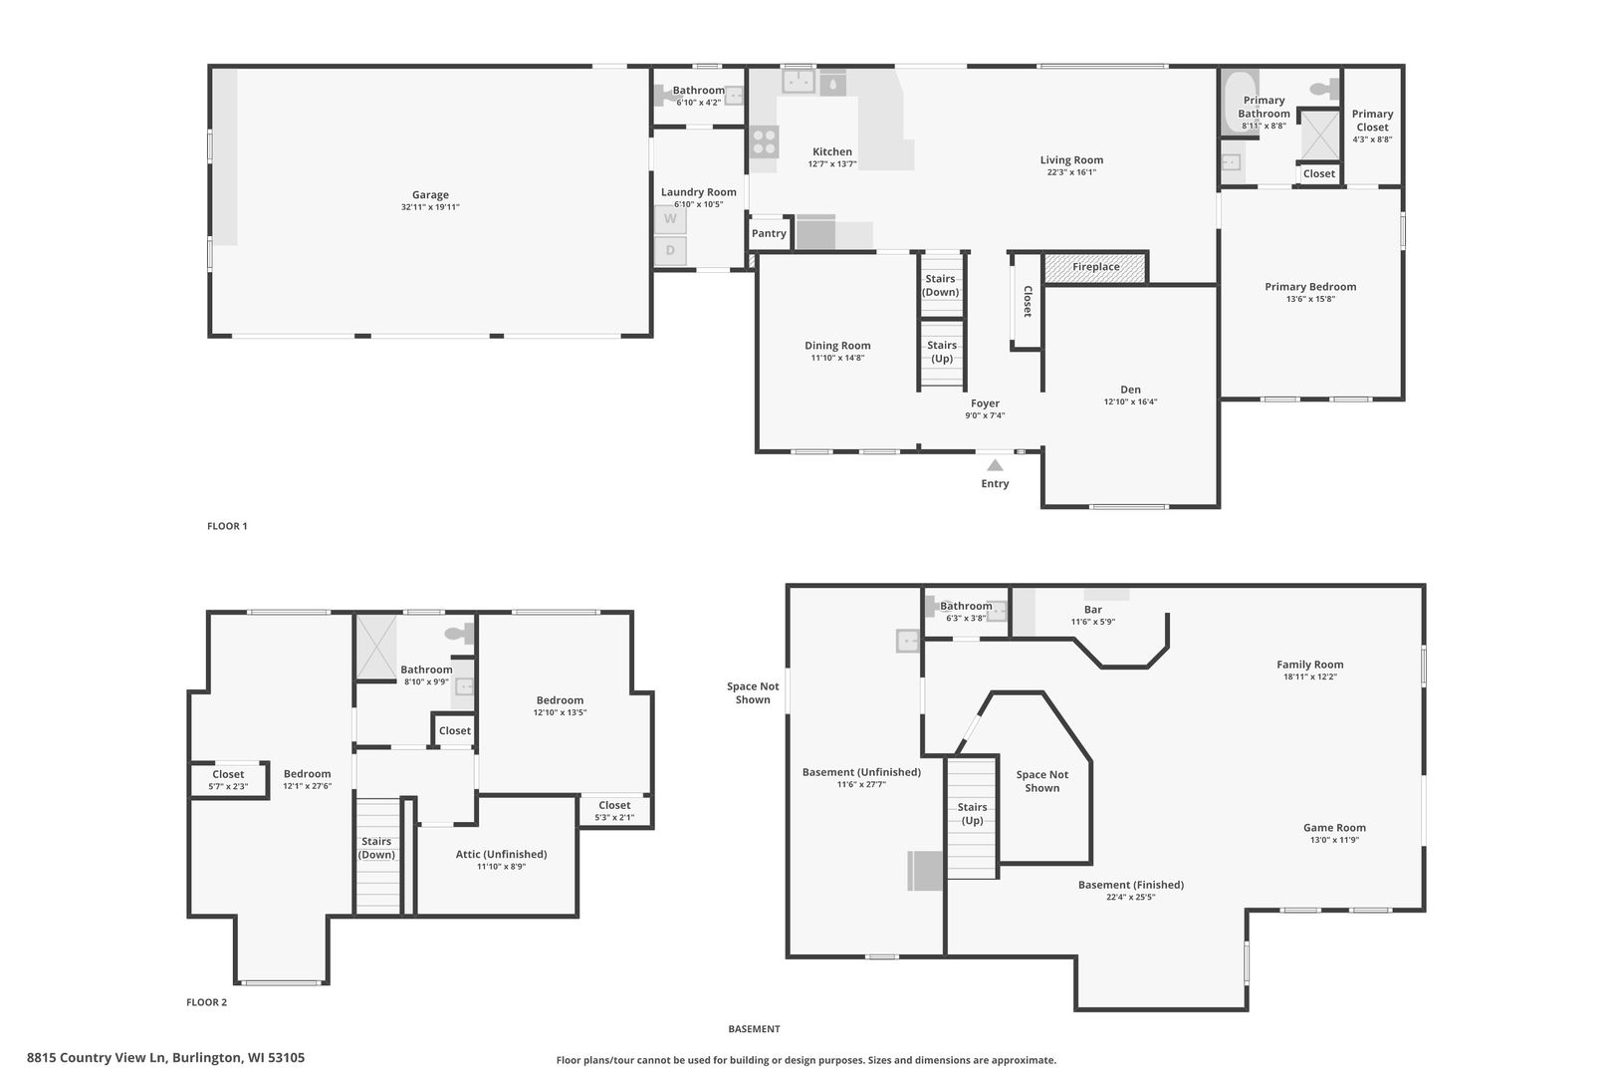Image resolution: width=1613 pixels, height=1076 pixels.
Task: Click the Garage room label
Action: tap(430, 195)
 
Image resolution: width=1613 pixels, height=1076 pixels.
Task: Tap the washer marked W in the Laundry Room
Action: tap(670, 219)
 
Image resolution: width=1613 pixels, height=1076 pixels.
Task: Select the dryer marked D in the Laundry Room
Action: tap(670, 250)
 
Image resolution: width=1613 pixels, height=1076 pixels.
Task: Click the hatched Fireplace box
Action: tap(1095, 267)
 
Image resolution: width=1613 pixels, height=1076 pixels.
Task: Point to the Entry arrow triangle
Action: tap(995, 464)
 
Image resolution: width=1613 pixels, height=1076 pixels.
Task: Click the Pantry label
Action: tap(769, 233)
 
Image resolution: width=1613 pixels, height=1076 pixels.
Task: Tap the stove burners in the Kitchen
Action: tap(765, 141)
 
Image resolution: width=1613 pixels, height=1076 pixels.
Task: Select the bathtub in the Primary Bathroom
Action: tap(1240, 102)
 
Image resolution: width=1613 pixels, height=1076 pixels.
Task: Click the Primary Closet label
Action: tap(1372, 121)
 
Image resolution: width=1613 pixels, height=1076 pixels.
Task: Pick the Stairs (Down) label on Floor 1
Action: tap(941, 286)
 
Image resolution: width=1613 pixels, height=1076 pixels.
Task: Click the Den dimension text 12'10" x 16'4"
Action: tap(1130, 403)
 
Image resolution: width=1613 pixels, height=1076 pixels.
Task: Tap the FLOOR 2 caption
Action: tap(207, 1002)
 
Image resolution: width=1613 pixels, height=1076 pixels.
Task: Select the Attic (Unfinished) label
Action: tap(501, 854)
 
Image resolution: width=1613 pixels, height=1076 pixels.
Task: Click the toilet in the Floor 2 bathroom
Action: tap(459, 633)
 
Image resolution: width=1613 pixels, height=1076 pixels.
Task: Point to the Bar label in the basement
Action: tap(1093, 610)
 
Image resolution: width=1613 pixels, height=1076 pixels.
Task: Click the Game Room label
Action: tap(1334, 828)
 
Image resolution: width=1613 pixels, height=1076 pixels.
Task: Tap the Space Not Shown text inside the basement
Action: tap(1042, 781)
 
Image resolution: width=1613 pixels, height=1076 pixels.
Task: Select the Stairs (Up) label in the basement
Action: tap(972, 814)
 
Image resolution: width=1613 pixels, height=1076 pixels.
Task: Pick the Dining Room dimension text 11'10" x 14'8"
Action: tap(837, 358)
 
